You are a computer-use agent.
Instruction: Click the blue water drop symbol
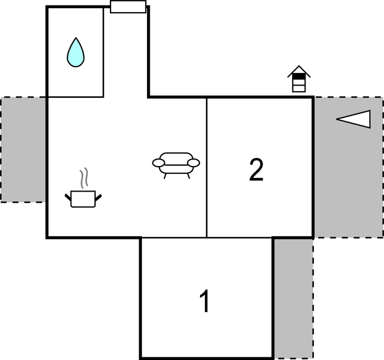coord(76,52)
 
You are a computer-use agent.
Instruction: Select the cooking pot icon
coord(83,199)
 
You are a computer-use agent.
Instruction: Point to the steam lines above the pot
coord(84,178)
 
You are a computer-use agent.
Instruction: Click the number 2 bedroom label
coord(256,170)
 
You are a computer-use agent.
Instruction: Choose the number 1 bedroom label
coord(205,301)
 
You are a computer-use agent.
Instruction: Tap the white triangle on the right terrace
coord(354,119)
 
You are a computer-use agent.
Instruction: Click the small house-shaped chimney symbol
coord(299,79)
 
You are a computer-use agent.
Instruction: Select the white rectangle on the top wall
coord(128,7)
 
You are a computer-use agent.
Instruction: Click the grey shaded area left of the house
coord(23,150)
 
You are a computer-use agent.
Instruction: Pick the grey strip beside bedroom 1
coord(293,299)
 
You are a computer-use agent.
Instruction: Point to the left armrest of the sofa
coord(159,163)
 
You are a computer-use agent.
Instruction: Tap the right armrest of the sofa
coord(193,163)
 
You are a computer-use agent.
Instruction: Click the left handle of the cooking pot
coord(68,198)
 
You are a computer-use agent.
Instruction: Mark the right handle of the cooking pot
coord(98,198)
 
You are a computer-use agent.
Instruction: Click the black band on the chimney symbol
coord(299,76)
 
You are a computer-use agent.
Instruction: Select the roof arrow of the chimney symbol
coord(299,71)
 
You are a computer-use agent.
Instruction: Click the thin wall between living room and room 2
coord(207,168)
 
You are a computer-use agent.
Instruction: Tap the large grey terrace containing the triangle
coord(349,167)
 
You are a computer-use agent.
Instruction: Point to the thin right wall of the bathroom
coord(103,52)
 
